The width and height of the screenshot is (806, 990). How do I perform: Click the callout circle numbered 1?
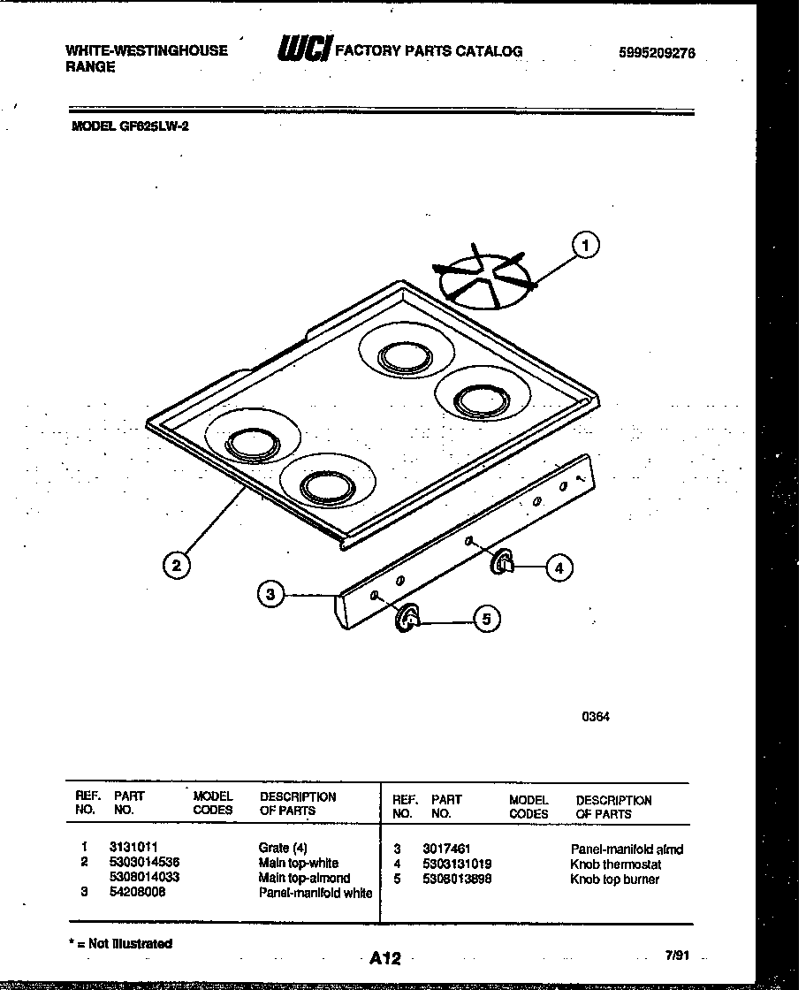point(584,245)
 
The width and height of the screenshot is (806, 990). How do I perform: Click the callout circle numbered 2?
point(177,566)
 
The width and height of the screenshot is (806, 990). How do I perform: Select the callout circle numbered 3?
point(271,595)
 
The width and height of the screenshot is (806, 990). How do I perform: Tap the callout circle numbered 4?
point(559,568)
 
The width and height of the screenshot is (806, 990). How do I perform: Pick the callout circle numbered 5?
point(485,620)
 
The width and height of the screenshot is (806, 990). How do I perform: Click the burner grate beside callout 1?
point(483,276)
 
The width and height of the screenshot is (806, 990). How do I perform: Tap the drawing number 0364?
point(595,717)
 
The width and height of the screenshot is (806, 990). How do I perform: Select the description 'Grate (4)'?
point(283,848)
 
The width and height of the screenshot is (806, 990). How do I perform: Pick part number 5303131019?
point(457,864)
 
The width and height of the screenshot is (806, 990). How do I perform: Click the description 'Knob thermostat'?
point(615,864)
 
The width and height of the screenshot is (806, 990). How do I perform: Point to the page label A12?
point(385,957)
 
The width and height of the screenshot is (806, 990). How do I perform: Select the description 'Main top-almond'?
point(304,878)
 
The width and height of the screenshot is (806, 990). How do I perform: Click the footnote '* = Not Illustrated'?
point(121,943)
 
